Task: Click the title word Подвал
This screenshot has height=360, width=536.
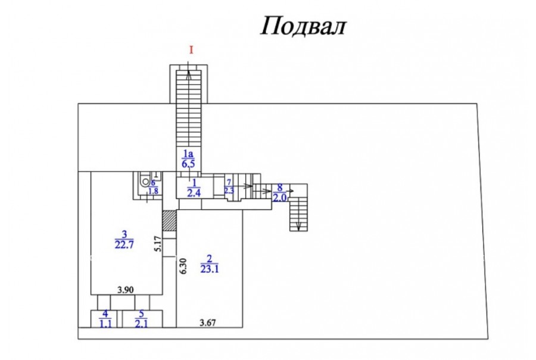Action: point(303,26)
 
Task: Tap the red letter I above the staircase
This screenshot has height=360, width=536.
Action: point(191,51)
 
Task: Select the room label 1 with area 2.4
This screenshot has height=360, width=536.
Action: point(192,187)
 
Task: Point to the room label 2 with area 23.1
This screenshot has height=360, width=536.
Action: point(208,263)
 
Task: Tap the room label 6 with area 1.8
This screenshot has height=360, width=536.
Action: point(153,187)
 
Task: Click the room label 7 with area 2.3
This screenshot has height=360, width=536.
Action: point(229,187)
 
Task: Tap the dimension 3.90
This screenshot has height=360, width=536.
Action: point(124,290)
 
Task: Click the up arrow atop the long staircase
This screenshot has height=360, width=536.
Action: point(189,75)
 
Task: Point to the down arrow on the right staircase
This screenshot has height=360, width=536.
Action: point(298,225)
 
